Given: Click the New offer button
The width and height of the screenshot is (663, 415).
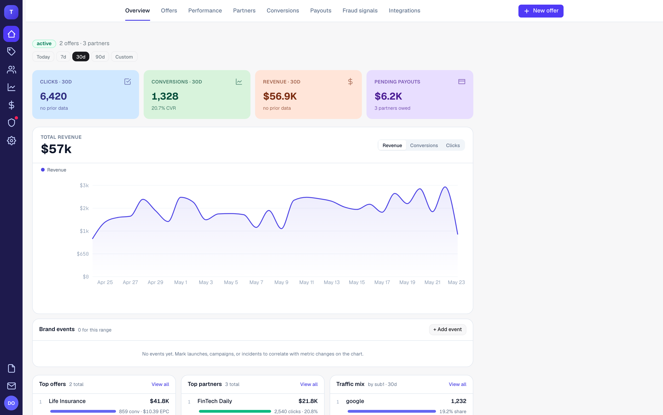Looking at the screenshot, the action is (x=541, y=11).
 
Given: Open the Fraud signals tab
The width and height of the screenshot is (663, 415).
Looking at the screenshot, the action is (x=360, y=10).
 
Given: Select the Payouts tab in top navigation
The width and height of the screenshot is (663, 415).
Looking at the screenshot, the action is (x=320, y=11).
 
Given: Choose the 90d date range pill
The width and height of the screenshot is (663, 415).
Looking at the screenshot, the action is (x=100, y=57).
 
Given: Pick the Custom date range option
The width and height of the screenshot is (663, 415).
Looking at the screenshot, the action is (x=124, y=57).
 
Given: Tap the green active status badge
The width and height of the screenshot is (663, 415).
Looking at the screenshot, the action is (x=44, y=43).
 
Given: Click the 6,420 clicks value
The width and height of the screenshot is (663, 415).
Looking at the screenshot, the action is (x=53, y=96).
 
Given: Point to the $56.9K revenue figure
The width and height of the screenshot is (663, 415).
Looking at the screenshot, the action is (x=280, y=96).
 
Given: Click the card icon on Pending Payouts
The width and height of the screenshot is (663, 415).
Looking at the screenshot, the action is (x=462, y=82).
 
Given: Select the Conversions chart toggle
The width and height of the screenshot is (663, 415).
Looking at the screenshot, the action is (x=424, y=145).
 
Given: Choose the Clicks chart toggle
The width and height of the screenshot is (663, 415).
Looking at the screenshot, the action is (x=453, y=145).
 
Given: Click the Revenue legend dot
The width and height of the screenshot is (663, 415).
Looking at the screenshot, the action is (x=43, y=170).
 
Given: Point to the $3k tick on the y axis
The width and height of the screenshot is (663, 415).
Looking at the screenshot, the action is (x=84, y=186).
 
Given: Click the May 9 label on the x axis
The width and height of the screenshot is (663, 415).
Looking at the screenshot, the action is (x=281, y=282).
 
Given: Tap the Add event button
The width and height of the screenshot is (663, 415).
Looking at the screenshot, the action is (x=447, y=329).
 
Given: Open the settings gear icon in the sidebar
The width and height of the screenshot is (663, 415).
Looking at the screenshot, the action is (x=11, y=141).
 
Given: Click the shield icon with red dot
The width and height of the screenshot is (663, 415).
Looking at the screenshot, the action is (x=12, y=122).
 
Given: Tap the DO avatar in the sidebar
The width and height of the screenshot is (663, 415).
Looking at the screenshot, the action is (x=11, y=403).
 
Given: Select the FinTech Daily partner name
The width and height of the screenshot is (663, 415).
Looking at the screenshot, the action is (x=215, y=401).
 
